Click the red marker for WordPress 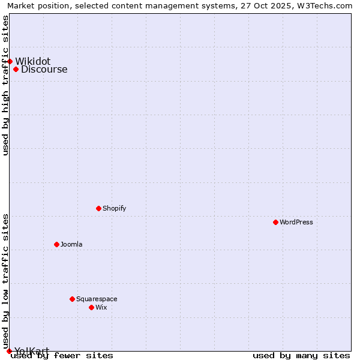point(275,222)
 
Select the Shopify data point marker point(98,208)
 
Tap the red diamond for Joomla point(56,244)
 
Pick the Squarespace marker point(72,299)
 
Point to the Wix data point point(91,307)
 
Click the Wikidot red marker point(10,61)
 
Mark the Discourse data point point(16,69)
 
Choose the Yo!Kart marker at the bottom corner point(9,351)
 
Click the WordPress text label point(296,222)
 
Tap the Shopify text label point(114,208)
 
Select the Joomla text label point(71,244)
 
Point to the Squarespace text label point(97,299)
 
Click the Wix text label point(101,307)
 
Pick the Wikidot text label point(33,61)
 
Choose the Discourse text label point(44,70)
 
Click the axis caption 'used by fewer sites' point(62,355)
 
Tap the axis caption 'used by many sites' point(301,355)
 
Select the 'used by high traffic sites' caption point(5,85)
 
